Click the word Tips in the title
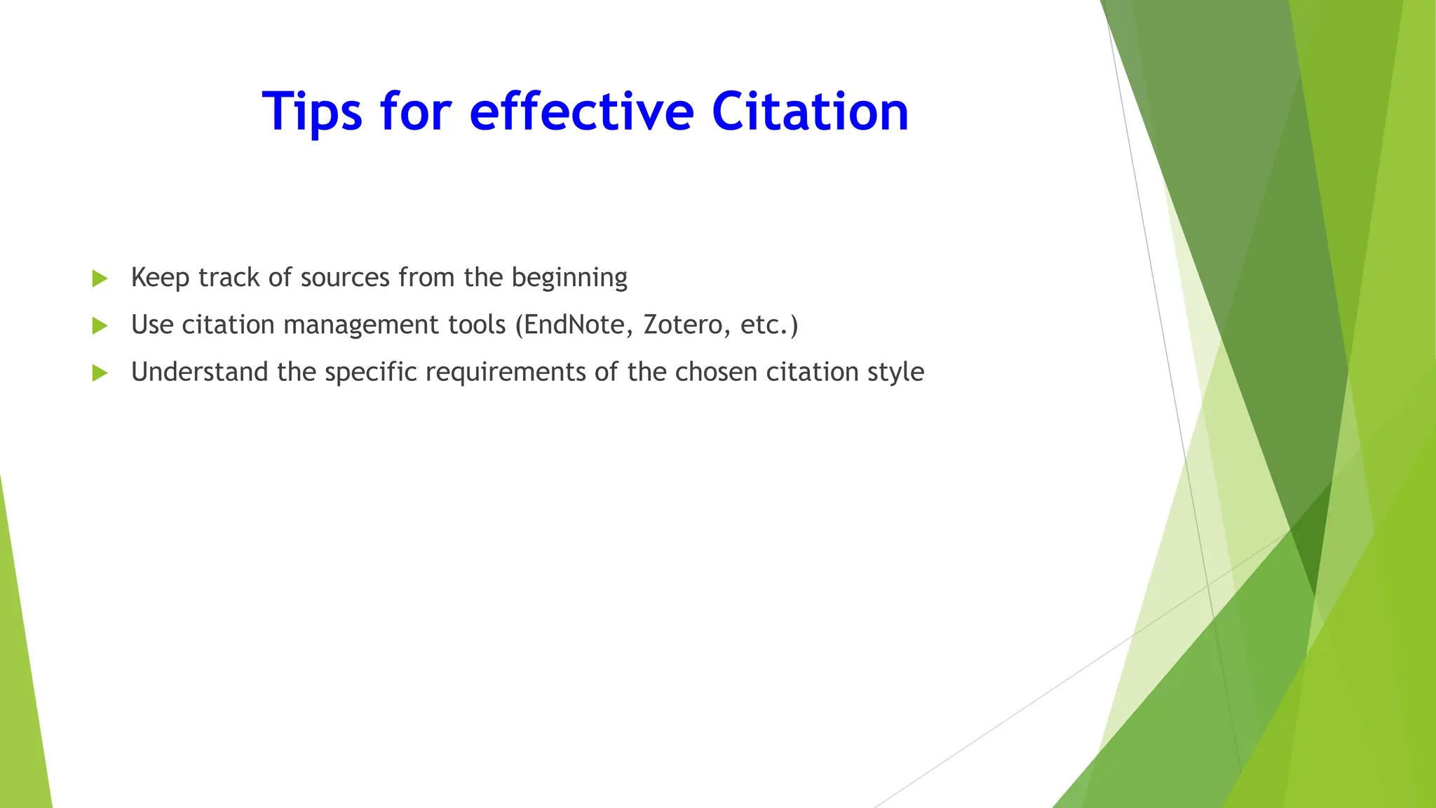312,112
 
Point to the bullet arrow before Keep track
100,278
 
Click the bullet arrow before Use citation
100,325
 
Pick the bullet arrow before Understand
100,372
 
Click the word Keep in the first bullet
160,278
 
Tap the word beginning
569,278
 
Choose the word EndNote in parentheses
574,325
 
